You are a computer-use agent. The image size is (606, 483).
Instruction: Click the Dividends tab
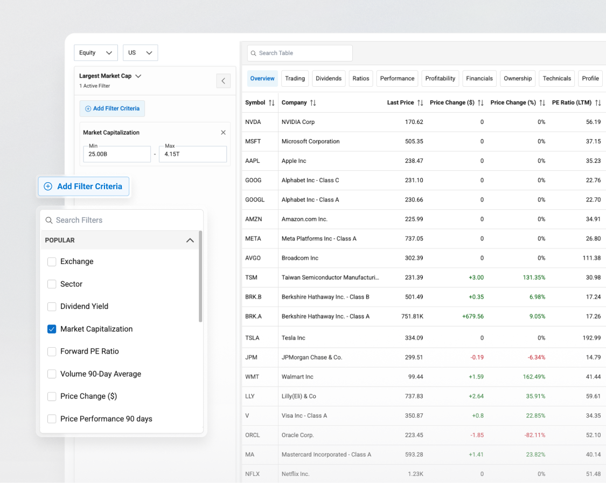(329, 79)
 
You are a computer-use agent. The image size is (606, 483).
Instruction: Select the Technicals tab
(556, 79)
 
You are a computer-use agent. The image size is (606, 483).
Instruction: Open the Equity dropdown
(95, 53)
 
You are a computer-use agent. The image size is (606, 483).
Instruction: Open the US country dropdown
(140, 53)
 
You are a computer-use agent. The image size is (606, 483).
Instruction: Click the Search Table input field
(299, 53)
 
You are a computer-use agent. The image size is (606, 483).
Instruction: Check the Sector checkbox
(52, 284)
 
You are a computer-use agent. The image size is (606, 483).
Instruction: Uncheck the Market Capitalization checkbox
(52, 329)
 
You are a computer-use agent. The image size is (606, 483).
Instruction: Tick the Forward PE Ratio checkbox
(52, 351)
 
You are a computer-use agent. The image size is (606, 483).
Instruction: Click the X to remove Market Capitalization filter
(223, 133)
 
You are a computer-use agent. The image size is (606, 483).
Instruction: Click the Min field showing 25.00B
(116, 154)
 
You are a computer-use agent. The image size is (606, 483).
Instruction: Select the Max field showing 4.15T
(192, 154)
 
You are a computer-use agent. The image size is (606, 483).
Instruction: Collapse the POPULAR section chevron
(190, 240)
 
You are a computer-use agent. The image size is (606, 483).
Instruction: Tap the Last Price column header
(400, 102)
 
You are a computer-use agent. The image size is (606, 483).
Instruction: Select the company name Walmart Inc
(297, 377)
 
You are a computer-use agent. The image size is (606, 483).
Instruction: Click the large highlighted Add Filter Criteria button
(83, 187)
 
